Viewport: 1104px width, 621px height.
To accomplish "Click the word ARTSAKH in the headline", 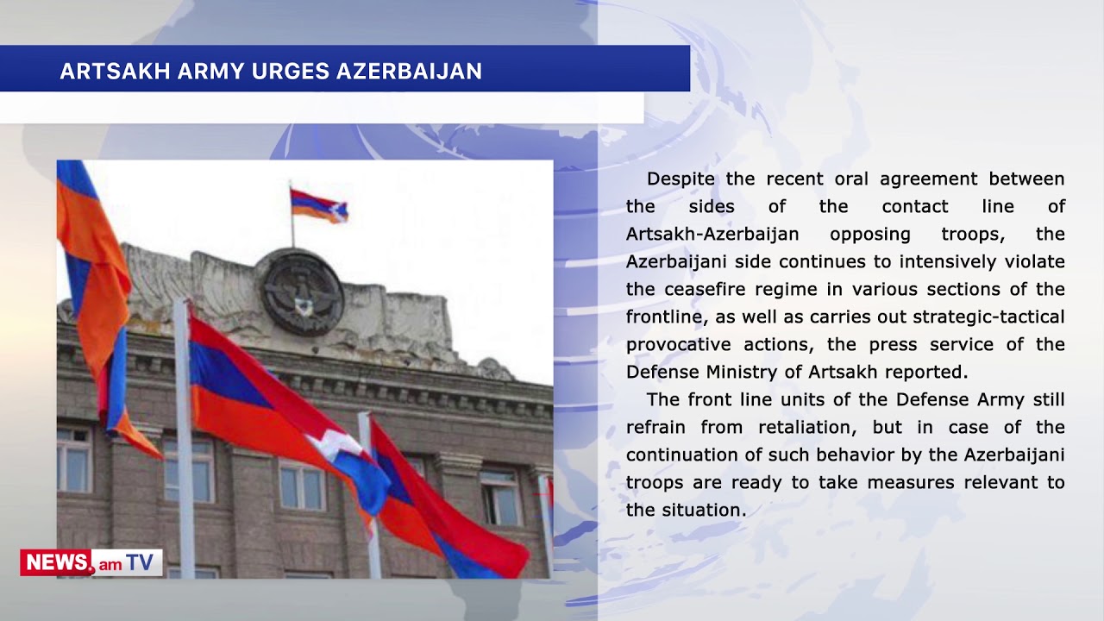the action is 116,71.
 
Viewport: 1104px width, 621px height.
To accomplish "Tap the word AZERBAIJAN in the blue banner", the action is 409,71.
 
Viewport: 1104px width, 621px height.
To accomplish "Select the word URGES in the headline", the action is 291,71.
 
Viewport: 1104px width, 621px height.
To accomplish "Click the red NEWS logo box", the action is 56,562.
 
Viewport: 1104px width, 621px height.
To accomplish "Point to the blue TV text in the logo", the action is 140,562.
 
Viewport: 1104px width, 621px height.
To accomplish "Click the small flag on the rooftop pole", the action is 319,205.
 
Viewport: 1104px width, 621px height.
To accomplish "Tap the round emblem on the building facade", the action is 302,292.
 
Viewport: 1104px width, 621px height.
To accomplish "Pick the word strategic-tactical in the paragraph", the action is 988,317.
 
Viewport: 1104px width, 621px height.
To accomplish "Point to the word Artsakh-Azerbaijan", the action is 712,234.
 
